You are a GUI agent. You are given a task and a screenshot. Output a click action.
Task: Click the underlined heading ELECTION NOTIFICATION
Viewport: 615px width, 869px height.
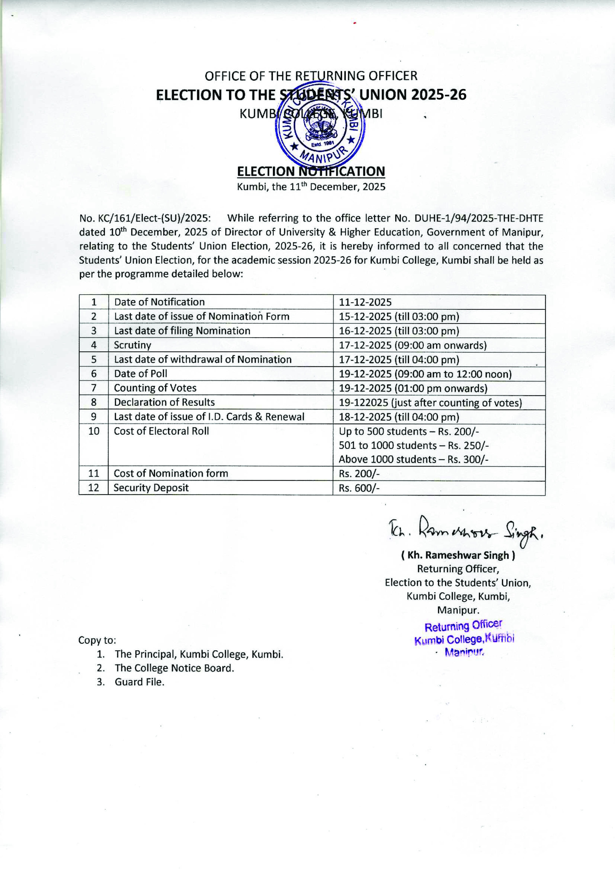coord(311,171)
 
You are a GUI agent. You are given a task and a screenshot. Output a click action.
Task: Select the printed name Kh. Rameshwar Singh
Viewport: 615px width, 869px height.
coord(458,555)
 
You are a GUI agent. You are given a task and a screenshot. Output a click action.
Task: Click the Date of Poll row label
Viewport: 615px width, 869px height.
coord(140,373)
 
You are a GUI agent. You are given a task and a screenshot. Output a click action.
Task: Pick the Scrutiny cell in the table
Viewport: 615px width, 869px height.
coord(132,345)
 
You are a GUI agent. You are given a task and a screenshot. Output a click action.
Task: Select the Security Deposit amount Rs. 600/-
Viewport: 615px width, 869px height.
coord(359,488)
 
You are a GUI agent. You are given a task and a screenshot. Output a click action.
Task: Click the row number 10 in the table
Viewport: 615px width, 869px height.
coord(94,431)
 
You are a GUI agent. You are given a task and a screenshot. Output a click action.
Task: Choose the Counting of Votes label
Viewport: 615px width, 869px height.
coord(155,388)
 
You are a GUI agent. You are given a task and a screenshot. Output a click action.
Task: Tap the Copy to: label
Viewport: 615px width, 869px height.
coord(97,640)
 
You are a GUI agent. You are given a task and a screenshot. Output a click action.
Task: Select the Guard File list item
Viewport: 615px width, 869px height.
coord(139,682)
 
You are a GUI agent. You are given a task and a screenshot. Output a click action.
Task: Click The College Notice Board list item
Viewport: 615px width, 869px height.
coord(174,668)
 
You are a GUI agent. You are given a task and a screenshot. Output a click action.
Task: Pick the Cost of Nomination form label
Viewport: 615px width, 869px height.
coord(171,473)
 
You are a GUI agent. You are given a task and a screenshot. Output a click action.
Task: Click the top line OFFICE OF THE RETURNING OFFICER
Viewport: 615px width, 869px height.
coord(311,76)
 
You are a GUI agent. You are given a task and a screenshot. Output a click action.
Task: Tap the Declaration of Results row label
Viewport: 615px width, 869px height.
coord(164,402)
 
